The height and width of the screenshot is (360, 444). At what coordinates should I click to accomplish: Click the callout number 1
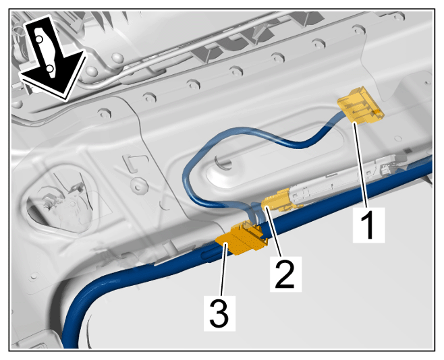(368, 225)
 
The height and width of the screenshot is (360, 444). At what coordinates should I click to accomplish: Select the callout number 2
(285, 274)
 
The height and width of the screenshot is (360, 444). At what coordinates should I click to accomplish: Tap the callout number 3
(219, 313)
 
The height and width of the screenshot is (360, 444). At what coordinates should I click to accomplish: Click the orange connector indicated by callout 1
(360, 106)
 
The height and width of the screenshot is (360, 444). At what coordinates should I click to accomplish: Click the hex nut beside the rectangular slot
(139, 185)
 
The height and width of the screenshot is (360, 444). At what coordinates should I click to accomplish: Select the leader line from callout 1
(362, 164)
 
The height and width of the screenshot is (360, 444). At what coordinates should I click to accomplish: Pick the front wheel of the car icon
(50, 69)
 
